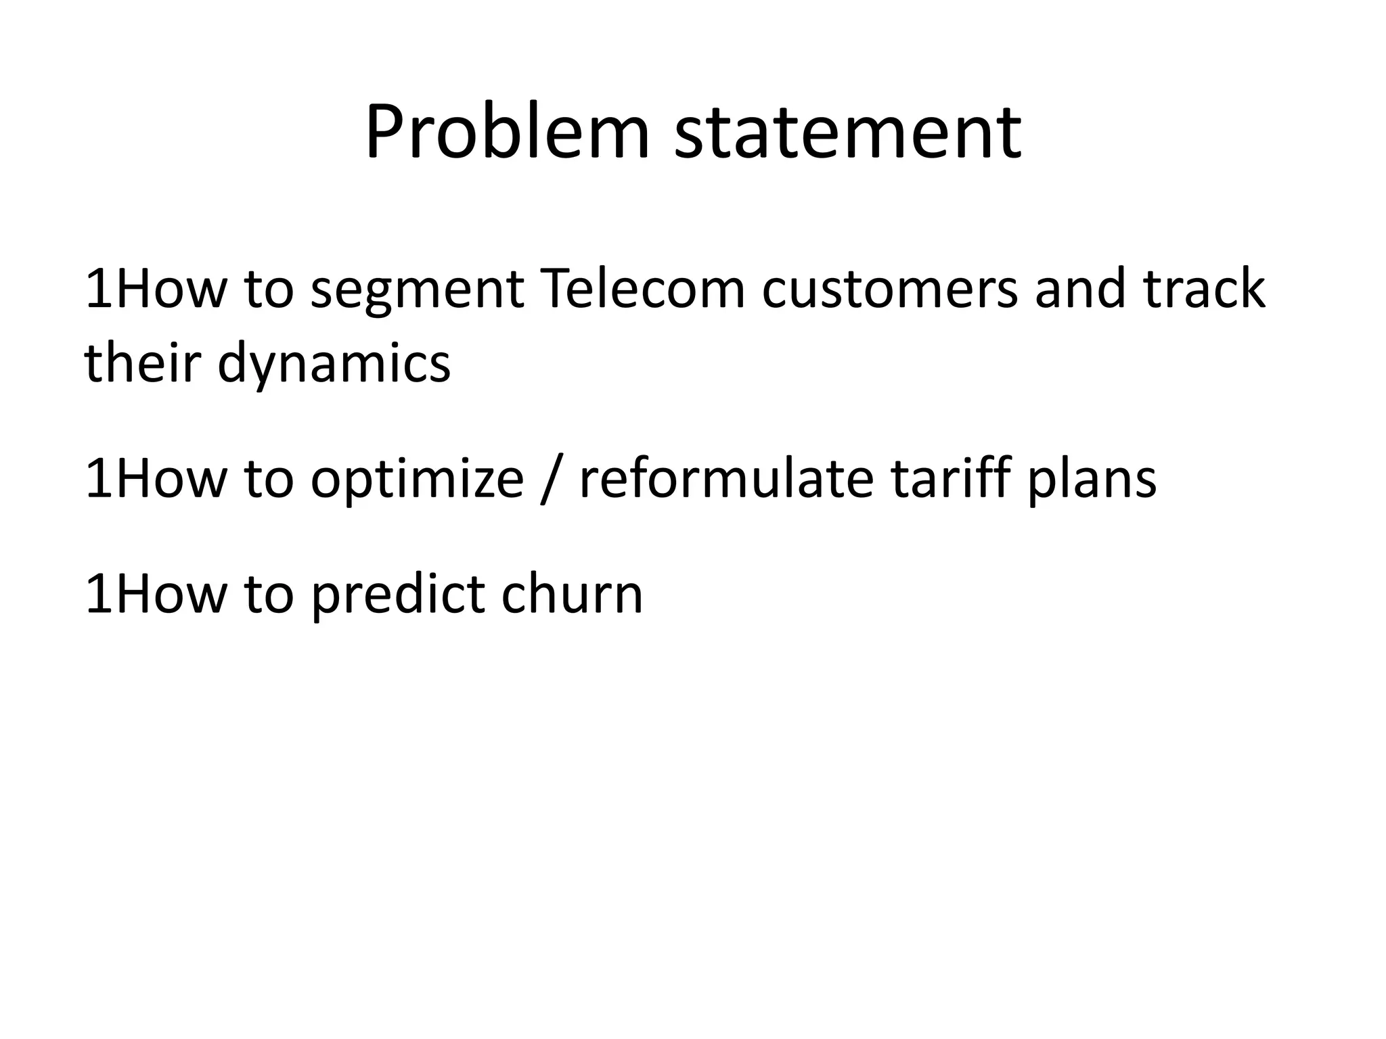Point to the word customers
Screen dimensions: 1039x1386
point(889,289)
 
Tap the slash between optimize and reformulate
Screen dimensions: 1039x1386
point(552,479)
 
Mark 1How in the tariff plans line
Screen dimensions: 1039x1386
point(155,478)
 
